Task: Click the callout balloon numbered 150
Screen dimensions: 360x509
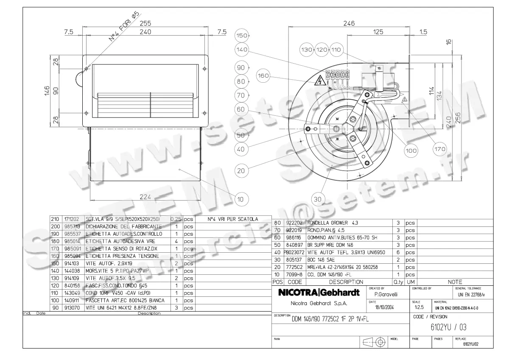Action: pyautogui.click(x=241, y=35)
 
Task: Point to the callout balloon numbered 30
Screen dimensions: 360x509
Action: pyautogui.click(x=318, y=198)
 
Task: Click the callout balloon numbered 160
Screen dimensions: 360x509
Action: pyautogui.click(x=263, y=76)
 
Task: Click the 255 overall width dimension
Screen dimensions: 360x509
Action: pyautogui.click(x=145, y=23)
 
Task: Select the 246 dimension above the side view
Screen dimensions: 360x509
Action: pyautogui.click(x=348, y=24)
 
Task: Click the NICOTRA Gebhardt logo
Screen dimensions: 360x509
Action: pyautogui.click(x=319, y=293)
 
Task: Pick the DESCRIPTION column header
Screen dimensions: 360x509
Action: pyautogui.click(x=346, y=282)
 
